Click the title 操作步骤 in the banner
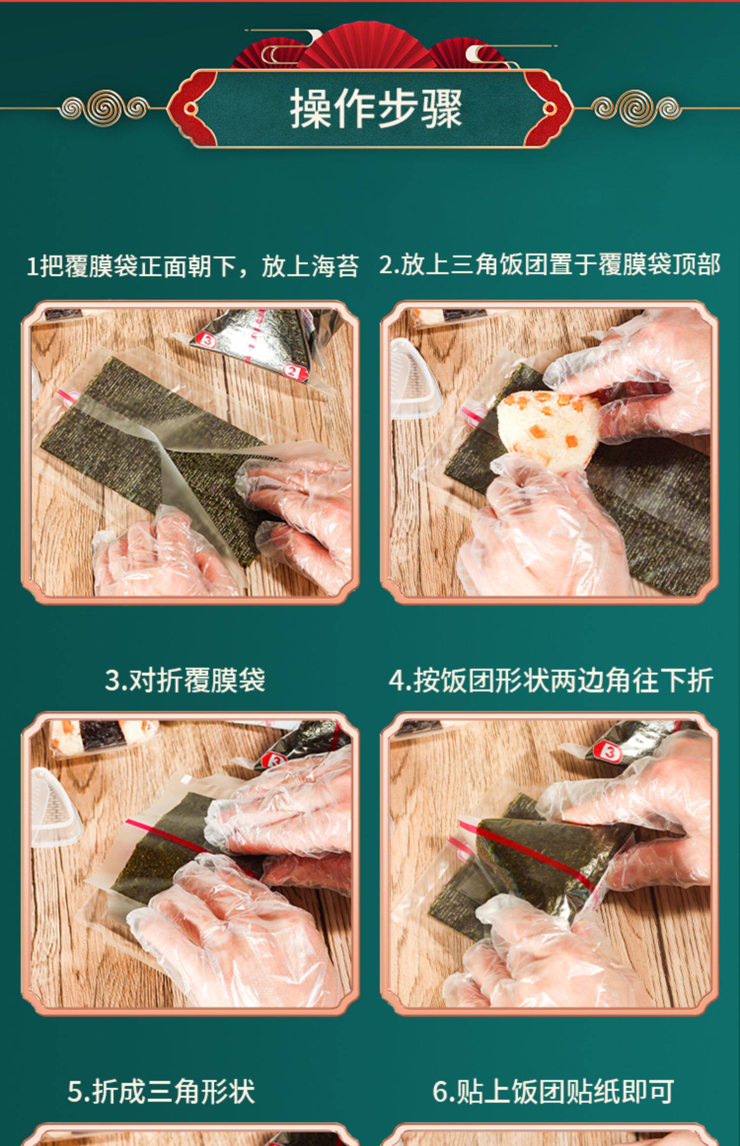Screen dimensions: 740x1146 point(375,109)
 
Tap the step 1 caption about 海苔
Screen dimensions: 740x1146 point(192,266)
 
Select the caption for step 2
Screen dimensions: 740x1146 point(550,264)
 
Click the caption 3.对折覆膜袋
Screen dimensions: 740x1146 point(185,680)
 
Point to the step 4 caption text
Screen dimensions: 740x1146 point(551,680)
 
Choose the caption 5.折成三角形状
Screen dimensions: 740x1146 point(161,1091)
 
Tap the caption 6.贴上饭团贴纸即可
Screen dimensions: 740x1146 point(553,1091)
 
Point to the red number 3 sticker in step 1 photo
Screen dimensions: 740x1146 point(207,340)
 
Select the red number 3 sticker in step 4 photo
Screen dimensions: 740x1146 point(610,753)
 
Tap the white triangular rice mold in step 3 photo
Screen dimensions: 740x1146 point(53,809)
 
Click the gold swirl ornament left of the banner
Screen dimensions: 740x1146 point(104,107)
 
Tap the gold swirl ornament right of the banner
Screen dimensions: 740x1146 point(636,107)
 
